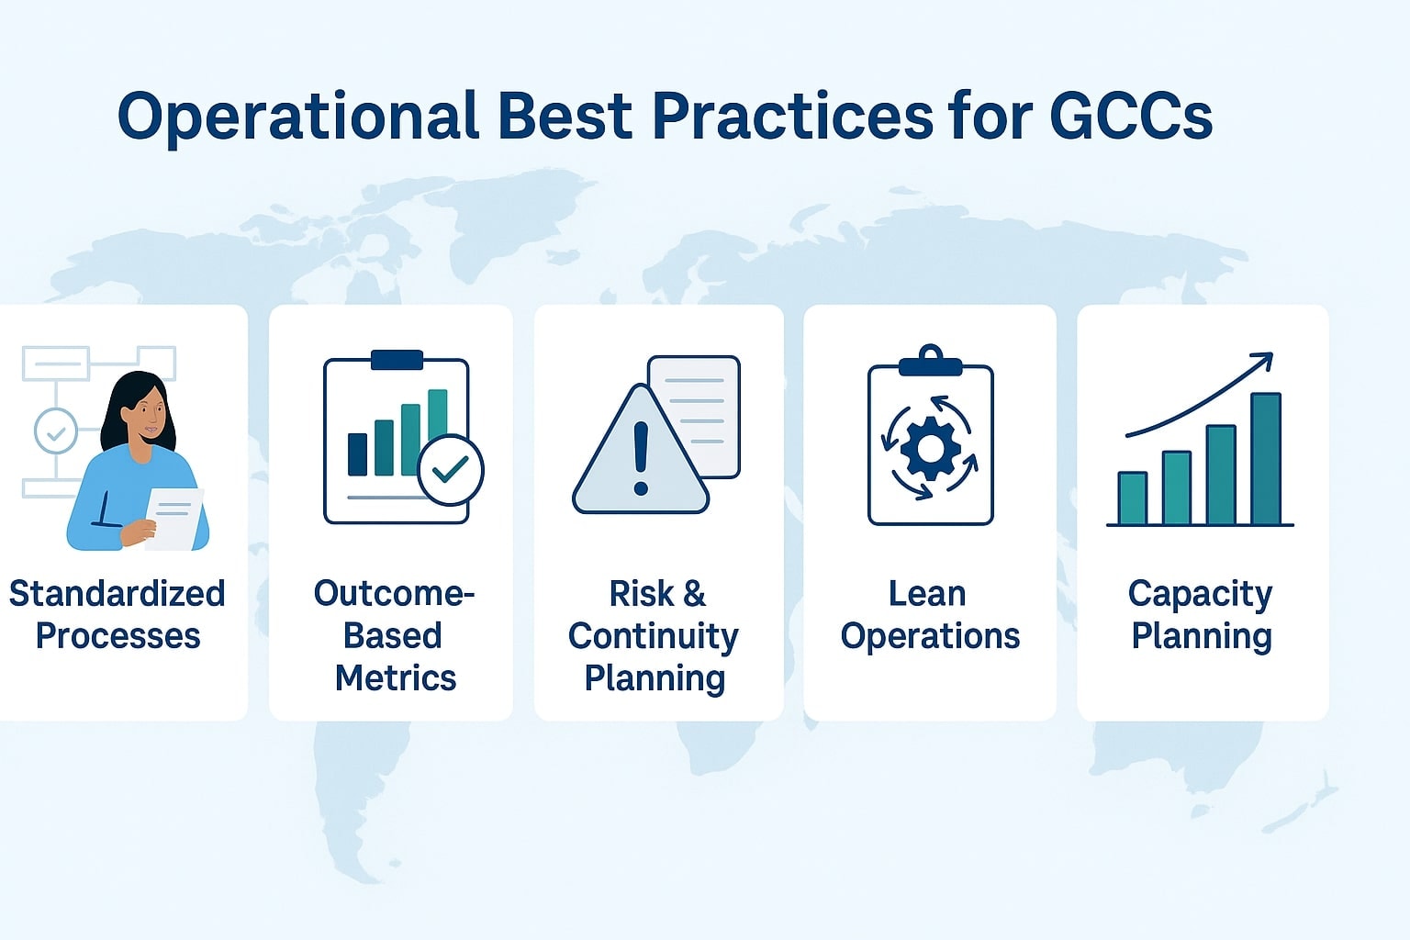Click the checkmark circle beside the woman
pos(55,431)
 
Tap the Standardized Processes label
pos(117,614)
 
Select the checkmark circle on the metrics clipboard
pos(450,470)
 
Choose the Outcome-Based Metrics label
pos(395,635)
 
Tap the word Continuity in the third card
pos(653,635)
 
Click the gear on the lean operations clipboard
pos(930,448)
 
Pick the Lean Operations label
pos(929,614)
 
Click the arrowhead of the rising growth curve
pos(1264,360)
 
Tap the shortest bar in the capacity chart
pos(1132,498)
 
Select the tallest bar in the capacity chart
pos(1265,459)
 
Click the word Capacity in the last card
pos(1200,595)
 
